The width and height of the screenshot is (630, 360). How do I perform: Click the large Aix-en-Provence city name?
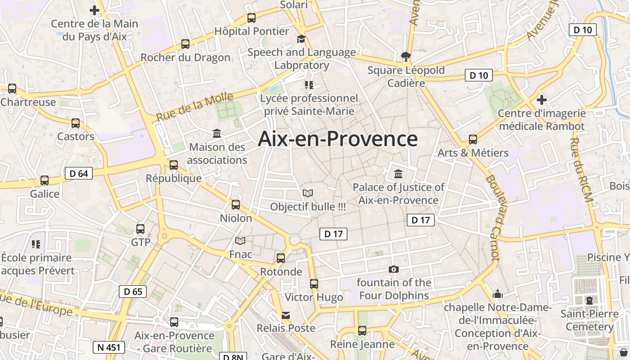click(x=337, y=139)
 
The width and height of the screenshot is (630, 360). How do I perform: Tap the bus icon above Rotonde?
click(x=281, y=258)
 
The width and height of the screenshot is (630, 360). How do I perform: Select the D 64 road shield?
click(x=79, y=173)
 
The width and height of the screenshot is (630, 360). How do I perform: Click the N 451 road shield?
click(x=108, y=347)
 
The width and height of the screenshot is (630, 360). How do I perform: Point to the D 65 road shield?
click(x=133, y=292)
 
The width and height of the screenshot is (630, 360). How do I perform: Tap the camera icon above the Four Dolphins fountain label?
click(x=394, y=269)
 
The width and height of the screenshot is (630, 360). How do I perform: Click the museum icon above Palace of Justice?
click(x=398, y=174)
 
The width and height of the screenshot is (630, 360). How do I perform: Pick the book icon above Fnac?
click(x=241, y=241)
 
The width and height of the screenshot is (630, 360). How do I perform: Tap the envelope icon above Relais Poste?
click(x=286, y=315)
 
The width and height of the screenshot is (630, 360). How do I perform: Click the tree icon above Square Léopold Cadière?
click(x=406, y=56)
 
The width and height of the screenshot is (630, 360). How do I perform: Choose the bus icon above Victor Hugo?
click(x=314, y=284)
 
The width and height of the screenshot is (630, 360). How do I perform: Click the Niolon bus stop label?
click(x=236, y=218)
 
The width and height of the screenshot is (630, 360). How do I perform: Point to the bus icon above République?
click(x=174, y=165)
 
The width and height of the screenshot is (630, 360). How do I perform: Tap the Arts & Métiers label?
click(x=473, y=153)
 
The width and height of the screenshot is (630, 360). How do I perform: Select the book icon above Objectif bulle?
click(x=308, y=193)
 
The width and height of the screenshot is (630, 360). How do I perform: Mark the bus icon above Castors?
click(x=76, y=123)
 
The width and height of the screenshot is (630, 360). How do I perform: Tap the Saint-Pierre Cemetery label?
click(x=589, y=320)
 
